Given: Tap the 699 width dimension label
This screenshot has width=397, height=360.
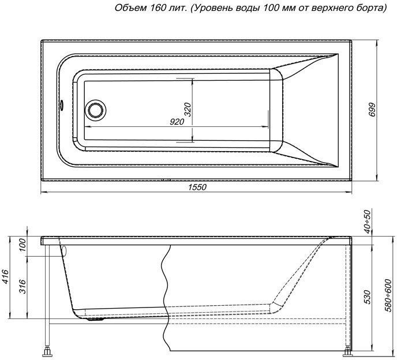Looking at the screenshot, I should point(372,110).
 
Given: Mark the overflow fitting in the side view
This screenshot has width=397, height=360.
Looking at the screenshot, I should point(63,250).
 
